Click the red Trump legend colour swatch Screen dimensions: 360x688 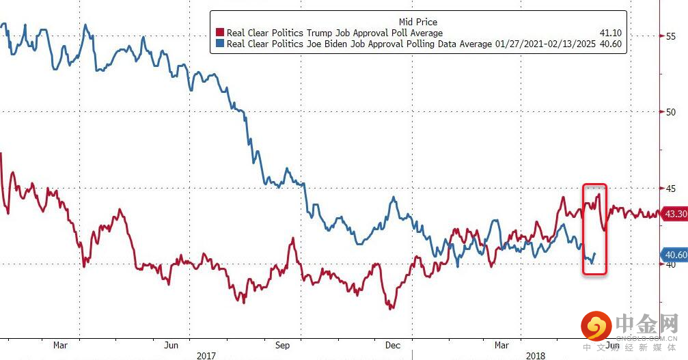(x=220, y=33)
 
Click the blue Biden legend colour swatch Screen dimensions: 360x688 (x=220, y=44)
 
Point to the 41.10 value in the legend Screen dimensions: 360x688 (x=610, y=33)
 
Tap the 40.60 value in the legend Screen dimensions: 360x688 (x=610, y=44)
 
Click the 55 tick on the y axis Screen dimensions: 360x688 (x=671, y=36)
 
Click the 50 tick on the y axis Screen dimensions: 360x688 (x=671, y=112)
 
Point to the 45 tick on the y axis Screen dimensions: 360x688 (x=671, y=188)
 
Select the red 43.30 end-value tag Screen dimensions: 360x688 (x=675, y=214)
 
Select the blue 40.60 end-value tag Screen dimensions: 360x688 (x=675, y=255)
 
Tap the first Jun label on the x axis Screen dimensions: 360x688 (x=172, y=345)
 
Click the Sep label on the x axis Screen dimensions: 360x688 (x=282, y=345)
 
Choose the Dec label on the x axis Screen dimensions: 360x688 (x=393, y=345)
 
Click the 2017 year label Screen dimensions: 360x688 (x=206, y=355)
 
